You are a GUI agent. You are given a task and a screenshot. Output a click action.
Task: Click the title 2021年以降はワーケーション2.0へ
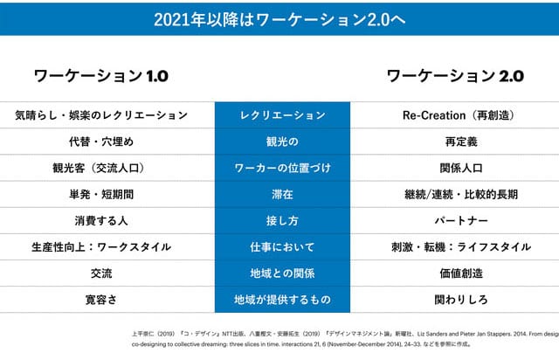click(x=279, y=17)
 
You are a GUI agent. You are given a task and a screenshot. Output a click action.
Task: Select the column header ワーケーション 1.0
click(x=100, y=76)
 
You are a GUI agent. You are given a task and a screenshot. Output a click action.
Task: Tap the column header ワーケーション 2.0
click(x=455, y=76)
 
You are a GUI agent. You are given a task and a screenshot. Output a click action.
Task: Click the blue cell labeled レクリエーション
click(x=282, y=115)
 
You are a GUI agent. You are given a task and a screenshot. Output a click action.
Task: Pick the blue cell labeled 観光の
click(x=282, y=142)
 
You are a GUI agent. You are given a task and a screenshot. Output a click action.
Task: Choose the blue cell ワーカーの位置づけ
click(x=282, y=168)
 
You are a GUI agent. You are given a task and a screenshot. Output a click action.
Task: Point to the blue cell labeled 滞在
click(x=282, y=194)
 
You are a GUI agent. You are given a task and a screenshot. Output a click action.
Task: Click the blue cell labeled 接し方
click(x=282, y=220)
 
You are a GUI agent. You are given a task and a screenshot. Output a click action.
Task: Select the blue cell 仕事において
click(x=282, y=246)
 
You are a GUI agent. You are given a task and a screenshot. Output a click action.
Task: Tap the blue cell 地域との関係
click(x=282, y=273)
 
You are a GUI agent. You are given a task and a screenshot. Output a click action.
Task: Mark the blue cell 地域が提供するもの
click(x=282, y=299)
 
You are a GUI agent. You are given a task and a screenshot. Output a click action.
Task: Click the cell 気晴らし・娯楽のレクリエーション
click(x=101, y=115)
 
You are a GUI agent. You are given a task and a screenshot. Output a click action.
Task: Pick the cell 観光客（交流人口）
click(x=101, y=168)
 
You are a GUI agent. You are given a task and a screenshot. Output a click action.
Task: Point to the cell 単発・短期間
click(x=101, y=194)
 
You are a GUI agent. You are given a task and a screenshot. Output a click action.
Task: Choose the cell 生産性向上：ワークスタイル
click(x=101, y=246)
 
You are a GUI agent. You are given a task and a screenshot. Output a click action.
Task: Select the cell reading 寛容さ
click(x=101, y=299)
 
